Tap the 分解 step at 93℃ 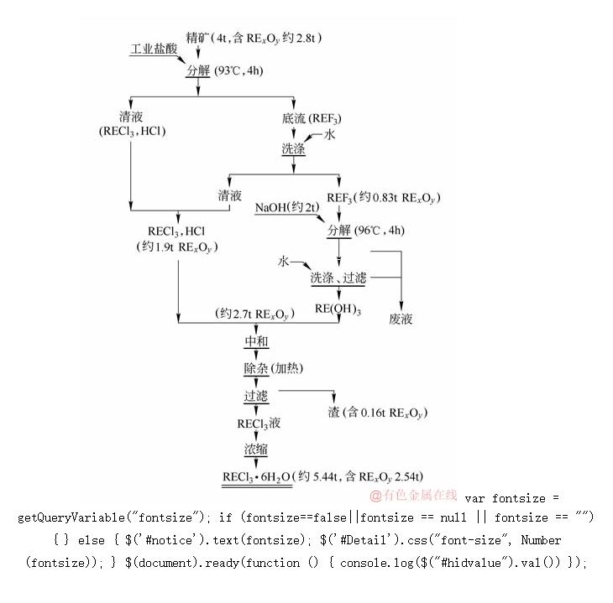coord(198,70)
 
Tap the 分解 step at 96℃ coord(339,230)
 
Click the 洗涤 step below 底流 coord(293,149)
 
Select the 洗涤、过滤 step coord(338,278)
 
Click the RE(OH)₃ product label coord(338,309)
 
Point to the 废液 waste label coord(401,319)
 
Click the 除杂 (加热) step coord(270,367)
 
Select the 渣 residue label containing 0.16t coord(377,413)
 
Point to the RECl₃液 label coord(257,424)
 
